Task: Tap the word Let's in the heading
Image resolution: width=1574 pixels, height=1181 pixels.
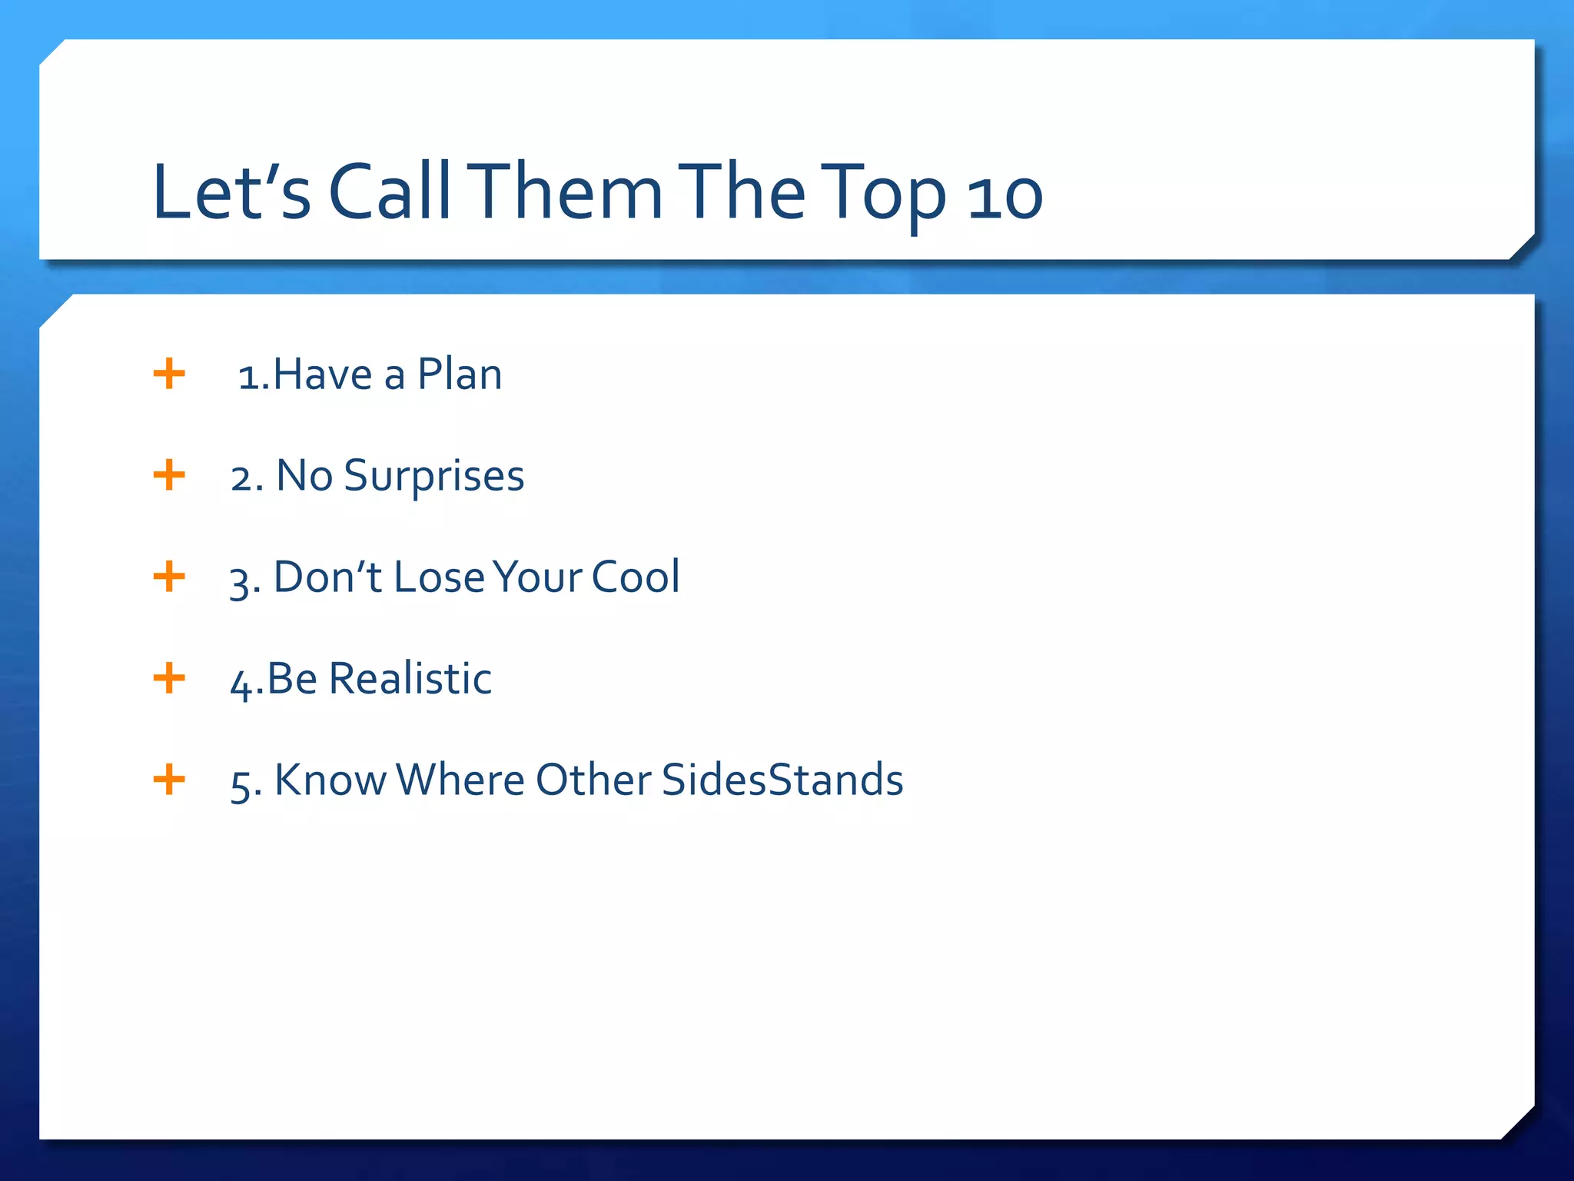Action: coord(231,192)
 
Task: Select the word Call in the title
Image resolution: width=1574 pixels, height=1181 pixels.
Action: coord(389,192)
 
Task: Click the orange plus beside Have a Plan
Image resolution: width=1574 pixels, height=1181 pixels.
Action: coord(169,374)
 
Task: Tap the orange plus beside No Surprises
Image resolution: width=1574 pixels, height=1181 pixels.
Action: coord(169,475)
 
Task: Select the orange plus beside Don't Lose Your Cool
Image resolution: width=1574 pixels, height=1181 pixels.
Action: coord(169,577)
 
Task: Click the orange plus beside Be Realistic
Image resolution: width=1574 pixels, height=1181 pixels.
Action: coord(169,678)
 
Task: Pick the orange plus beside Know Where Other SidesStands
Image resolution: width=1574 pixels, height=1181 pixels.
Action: coord(169,780)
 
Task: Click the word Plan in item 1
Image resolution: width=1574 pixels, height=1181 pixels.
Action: coord(459,375)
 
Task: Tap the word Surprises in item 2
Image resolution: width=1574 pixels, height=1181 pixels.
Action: coord(433,477)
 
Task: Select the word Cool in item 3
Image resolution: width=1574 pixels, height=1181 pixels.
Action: coord(635,577)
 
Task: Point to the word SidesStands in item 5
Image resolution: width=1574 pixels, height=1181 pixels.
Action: coord(782,780)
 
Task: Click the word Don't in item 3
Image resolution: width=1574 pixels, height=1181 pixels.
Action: coord(327,577)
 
